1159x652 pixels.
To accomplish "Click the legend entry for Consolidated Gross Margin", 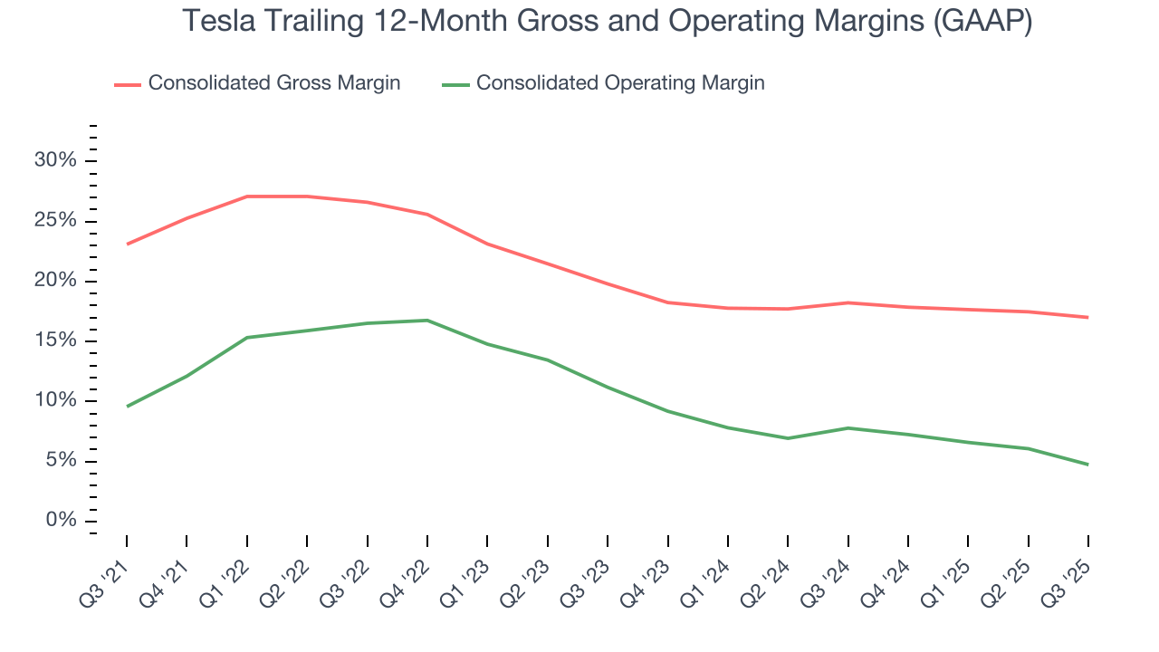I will coord(273,83).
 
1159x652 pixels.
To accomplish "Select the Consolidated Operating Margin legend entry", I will coord(620,83).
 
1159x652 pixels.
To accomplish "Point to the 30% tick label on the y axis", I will coord(56,161).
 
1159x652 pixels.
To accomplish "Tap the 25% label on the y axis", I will coord(56,222).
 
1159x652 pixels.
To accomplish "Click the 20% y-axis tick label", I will coord(56,282).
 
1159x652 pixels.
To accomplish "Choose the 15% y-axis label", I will coord(56,341).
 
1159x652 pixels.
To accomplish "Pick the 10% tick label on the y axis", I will coord(56,401).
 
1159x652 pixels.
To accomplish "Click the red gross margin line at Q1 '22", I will coord(247,197).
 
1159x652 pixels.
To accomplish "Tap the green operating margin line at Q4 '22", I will coord(426,321).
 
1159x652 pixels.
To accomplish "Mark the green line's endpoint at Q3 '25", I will coord(1087,465).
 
